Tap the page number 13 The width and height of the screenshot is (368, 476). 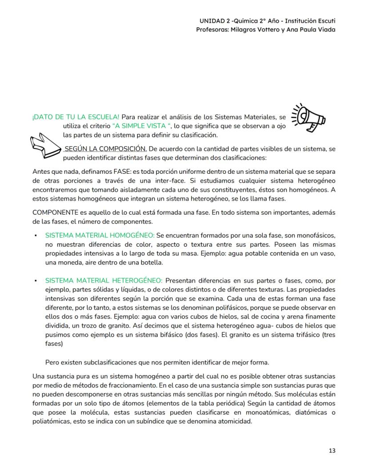tap(332, 451)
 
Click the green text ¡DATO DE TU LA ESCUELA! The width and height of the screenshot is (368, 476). tap(76, 117)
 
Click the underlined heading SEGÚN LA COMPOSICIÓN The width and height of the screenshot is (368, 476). tap(106, 148)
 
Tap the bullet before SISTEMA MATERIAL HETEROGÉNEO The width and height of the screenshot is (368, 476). tap(35, 280)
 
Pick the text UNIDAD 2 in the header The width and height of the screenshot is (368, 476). tap(213, 21)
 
